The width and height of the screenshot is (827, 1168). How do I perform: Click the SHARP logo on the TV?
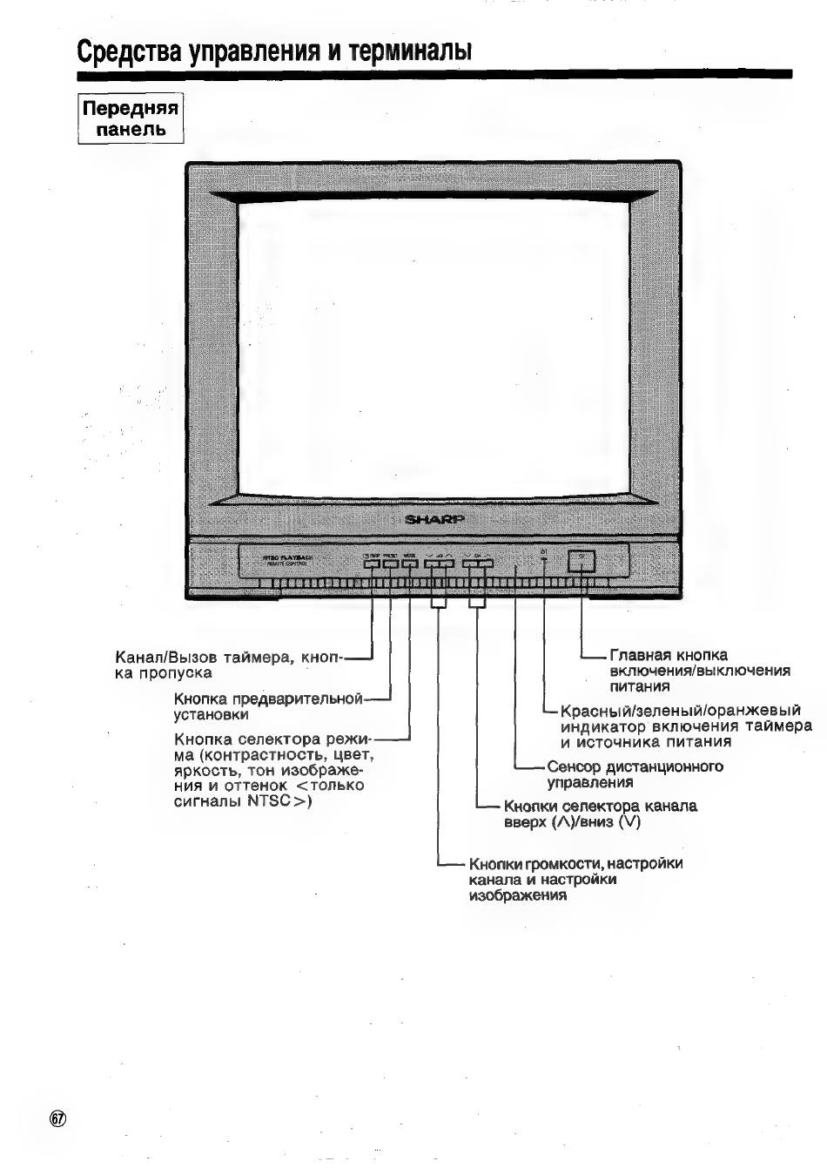435,519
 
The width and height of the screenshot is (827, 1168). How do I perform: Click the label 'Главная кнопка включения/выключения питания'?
700,671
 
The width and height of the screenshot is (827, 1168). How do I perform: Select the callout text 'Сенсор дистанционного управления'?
635,774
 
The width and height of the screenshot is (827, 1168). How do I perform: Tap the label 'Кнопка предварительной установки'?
267,706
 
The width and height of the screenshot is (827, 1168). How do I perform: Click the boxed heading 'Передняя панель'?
131,119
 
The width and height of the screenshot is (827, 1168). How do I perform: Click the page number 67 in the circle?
58,1119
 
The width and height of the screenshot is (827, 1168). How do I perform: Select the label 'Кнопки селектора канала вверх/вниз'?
600,814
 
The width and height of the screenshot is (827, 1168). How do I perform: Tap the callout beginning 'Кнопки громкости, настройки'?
575,879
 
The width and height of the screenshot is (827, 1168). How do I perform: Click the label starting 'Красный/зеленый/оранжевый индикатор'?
685,726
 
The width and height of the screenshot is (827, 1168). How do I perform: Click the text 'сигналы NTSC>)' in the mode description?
243,801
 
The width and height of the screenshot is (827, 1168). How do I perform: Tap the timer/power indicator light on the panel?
544,560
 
